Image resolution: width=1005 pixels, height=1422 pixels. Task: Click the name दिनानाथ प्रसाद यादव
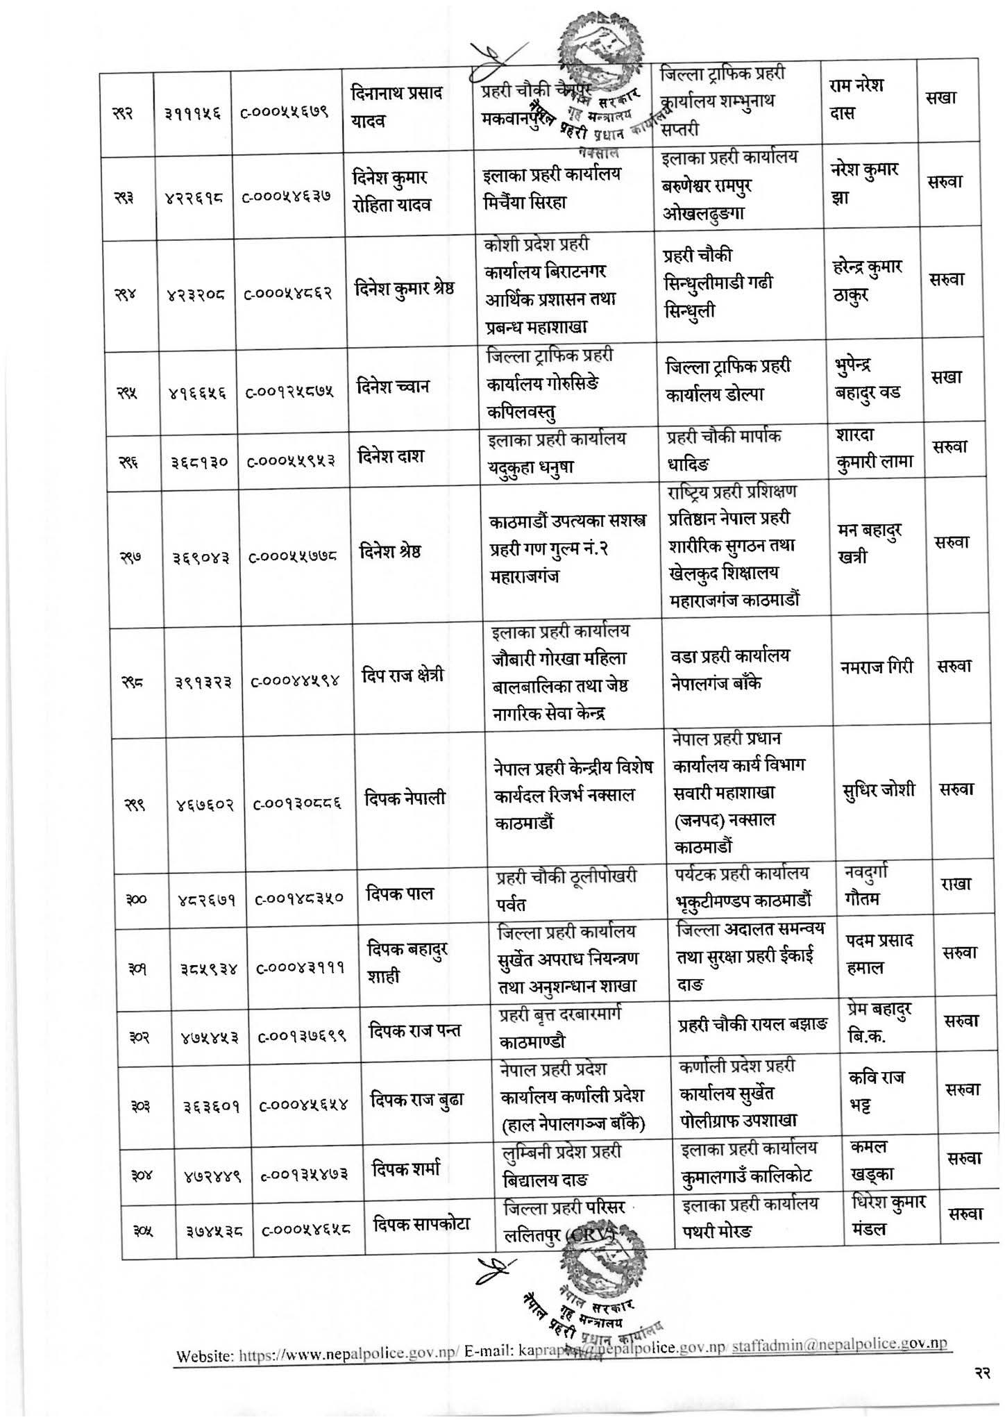[398, 107]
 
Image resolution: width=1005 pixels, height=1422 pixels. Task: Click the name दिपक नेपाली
[405, 798]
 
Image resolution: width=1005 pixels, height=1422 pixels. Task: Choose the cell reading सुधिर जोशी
[880, 789]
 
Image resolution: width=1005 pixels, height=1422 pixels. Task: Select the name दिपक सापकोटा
[421, 1223]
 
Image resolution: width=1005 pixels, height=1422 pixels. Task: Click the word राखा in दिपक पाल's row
[955, 885]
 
